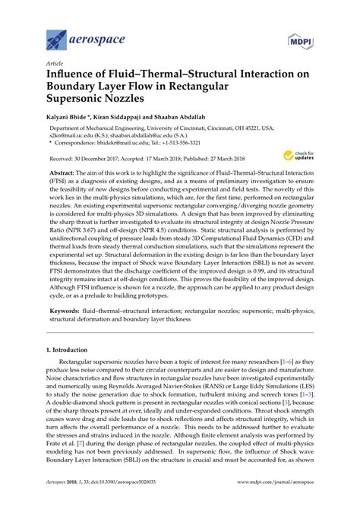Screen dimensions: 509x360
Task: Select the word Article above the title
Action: [x=55, y=64]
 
